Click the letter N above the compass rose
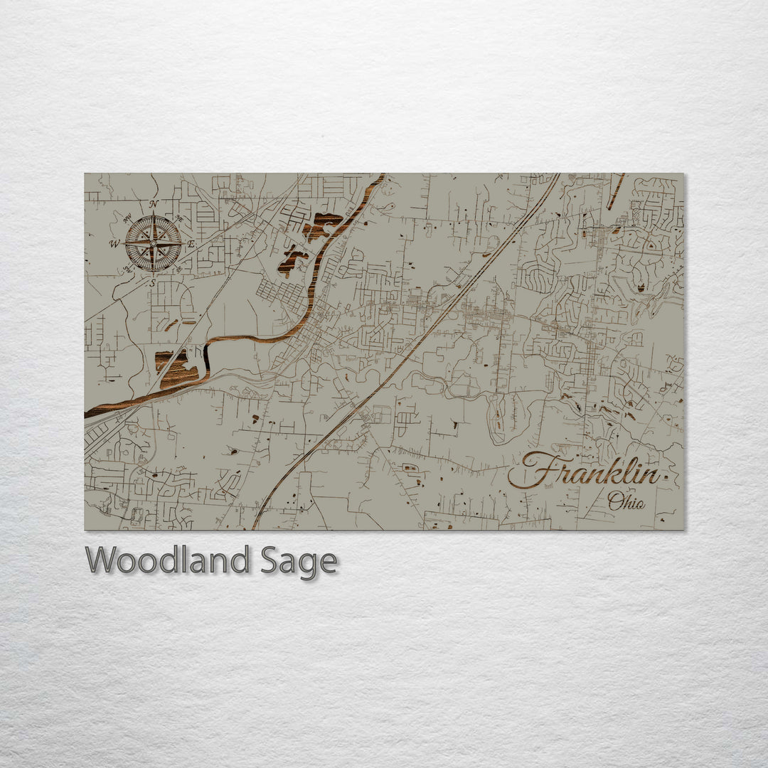pyautogui.click(x=153, y=204)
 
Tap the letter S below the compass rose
pyautogui.click(x=152, y=282)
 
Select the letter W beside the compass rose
pyautogui.click(x=114, y=244)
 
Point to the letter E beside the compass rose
pyautogui.click(x=191, y=243)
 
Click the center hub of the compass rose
pyautogui.click(x=153, y=243)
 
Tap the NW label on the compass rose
pyautogui.click(x=129, y=218)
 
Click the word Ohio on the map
pyautogui.click(x=626, y=501)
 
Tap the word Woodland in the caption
pyautogui.click(x=168, y=561)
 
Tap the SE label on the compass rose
pyautogui.click(x=178, y=269)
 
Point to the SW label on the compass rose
pyautogui.click(x=128, y=269)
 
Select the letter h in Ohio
pyautogui.click(x=626, y=501)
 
